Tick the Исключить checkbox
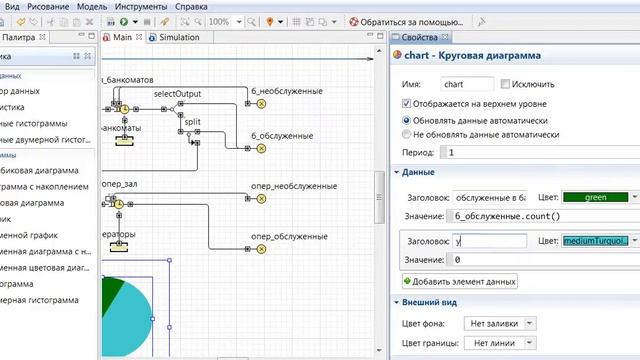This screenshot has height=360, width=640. click(506, 85)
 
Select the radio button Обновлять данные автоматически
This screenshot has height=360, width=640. click(406, 118)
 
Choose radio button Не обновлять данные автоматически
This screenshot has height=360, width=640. click(406, 133)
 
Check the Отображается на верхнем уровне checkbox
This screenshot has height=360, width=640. click(406, 102)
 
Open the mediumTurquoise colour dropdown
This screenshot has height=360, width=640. click(598, 241)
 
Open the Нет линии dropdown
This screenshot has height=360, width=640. click(501, 343)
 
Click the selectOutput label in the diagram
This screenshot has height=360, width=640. click(177, 94)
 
